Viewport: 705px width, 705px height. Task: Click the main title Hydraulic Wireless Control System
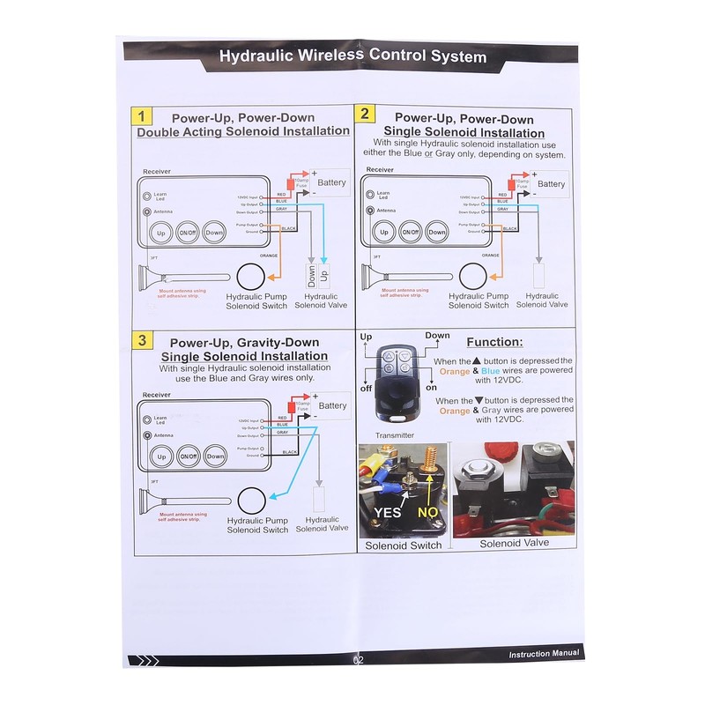point(352,57)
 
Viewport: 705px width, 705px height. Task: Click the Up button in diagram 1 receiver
point(160,233)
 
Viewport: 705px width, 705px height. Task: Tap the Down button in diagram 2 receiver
point(436,233)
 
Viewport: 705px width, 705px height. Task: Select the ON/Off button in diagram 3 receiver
point(188,456)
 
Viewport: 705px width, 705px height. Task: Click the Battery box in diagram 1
point(330,183)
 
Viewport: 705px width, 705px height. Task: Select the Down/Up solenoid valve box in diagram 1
point(316,275)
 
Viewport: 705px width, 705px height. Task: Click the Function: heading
point(494,342)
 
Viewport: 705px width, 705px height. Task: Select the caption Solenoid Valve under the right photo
point(514,543)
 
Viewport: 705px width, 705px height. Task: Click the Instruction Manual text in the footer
point(544,653)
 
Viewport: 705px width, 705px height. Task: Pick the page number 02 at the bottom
point(357,658)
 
